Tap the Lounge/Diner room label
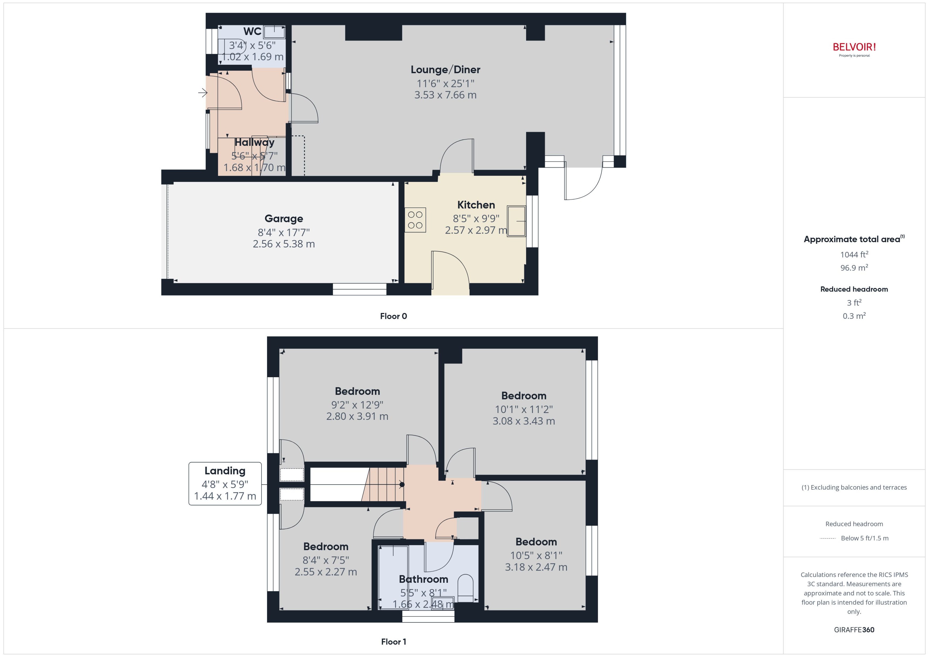click(x=445, y=69)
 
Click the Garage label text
click(x=283, y=219)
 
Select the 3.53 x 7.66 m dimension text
click(x=445, y=95)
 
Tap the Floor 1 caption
click(x=393, y=642)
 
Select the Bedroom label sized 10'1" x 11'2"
click(x=523, y=396)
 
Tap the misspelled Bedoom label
click(x=536, y=542)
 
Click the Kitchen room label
click(x=476, y=205)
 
